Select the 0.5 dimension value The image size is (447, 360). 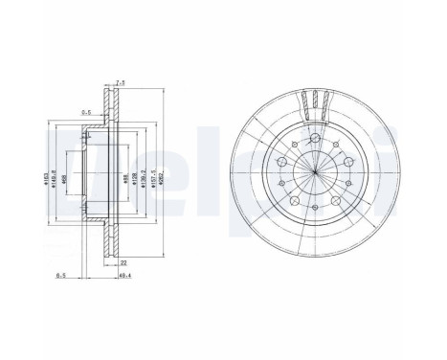pyautogui.click(x=85, y=112)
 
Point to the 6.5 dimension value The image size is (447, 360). pyautogui.click(x=61, y=277)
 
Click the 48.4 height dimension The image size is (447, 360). pyautogui.click(x=123, y=277)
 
